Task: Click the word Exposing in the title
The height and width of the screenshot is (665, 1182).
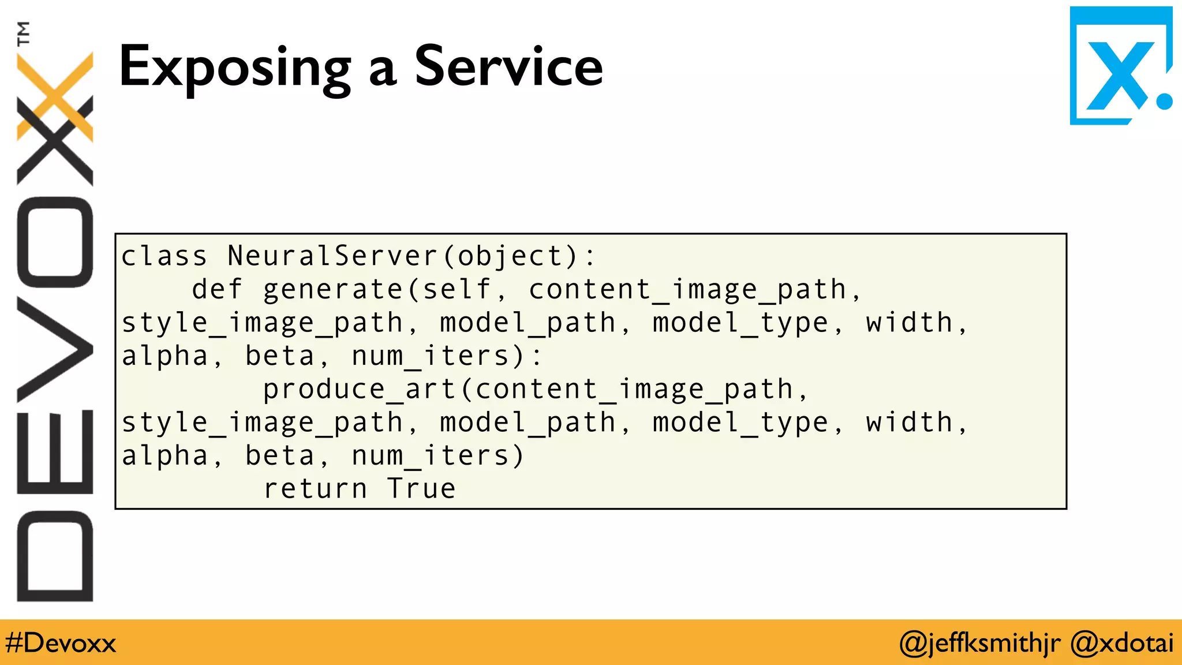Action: click(234, 68)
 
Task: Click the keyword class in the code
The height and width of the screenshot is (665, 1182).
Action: click(164, 256)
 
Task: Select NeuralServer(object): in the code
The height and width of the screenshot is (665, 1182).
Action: click(411, 256)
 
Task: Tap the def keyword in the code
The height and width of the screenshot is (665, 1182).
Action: click(217, 289)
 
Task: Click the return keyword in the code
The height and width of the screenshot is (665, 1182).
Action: click(315, 489)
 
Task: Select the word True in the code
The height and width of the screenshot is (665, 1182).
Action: click(421, 489)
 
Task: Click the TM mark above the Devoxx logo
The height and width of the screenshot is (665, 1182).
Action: click(24, 33)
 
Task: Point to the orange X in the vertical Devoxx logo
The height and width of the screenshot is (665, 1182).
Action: click(55, 96)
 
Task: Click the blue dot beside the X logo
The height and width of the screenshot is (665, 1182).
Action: click(1164, 101)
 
